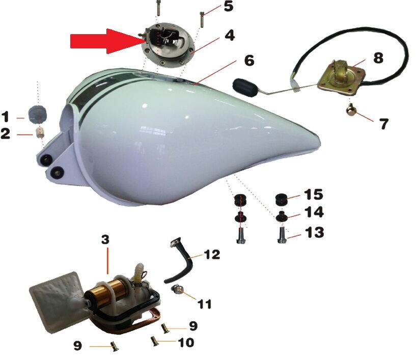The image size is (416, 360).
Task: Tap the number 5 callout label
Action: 229,6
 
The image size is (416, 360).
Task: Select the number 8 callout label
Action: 378,58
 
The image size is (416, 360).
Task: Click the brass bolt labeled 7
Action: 351,110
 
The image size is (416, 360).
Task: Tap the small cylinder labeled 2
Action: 40,132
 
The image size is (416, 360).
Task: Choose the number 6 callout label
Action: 249,61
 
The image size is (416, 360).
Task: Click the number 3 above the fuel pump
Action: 105,239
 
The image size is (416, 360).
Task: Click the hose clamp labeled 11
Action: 178,289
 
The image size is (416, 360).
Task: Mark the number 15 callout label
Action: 314,195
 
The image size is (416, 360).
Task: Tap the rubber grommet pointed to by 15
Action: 281,200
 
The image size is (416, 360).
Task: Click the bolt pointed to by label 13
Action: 282,235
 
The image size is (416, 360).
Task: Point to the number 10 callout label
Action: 186,343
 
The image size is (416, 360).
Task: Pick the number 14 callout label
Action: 314,212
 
